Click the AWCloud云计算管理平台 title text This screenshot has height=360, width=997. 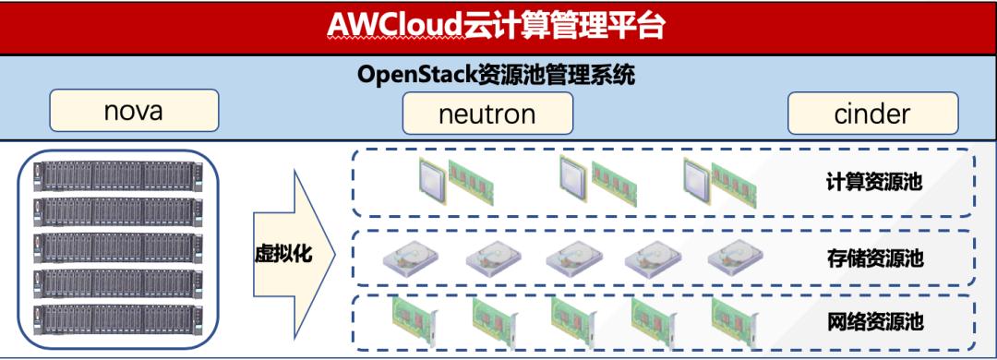pos(496,27)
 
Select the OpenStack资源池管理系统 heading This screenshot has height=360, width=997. pos(496,75)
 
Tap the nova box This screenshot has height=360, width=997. pos(134,112)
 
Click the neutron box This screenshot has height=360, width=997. pos(487,114)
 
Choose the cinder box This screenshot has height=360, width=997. pos(871,114)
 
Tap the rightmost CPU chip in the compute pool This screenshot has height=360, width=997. pos(699,178)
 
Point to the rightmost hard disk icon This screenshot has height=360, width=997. pos(736,258)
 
